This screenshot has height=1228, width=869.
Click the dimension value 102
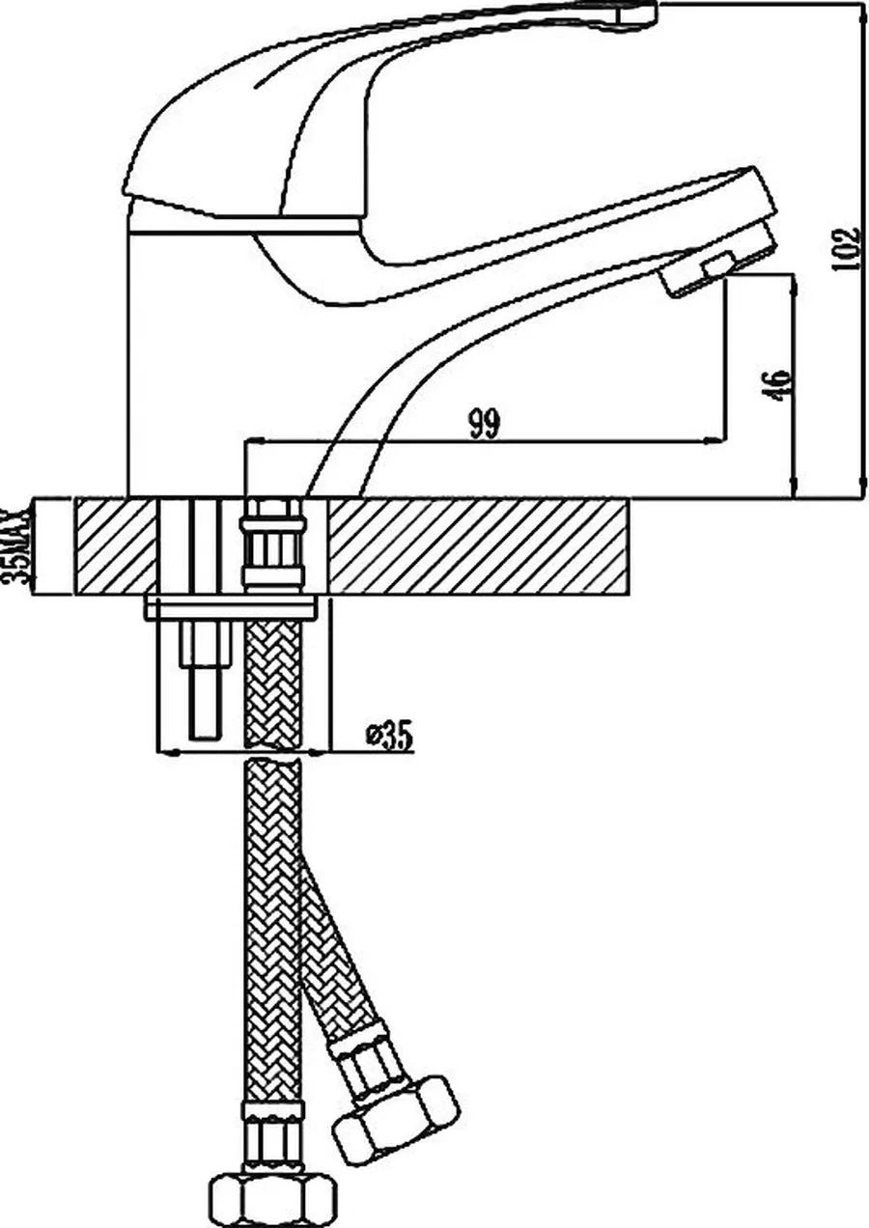pyautogui.click(x=845, y=249)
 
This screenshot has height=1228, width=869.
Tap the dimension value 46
pyautogui.click(x=778, y=385)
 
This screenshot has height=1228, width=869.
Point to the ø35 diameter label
pyautogui.click(x=389, y=737)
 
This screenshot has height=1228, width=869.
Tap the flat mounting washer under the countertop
pyautogui.click(x=232, y=608)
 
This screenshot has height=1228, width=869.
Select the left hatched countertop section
pyautogui.click(x=116, y=545)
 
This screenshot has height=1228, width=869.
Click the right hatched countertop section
pyautogui.click(x=478, y=545)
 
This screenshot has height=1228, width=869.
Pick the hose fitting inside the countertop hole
pyautogui.click(x=272, y=545)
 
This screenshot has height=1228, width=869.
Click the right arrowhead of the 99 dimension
pyautogui.click(x=715, y=439)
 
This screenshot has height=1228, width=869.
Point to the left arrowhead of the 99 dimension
pyautogui.click(x=257, y=439)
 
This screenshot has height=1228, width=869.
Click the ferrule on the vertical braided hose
pyautogui.click(x=272, y=1136)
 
